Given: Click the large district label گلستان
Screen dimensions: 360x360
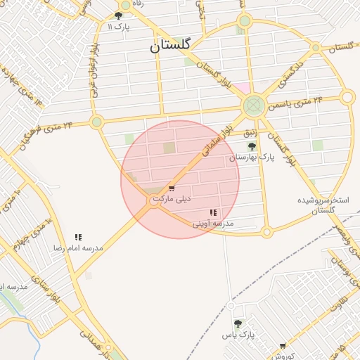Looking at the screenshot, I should (169, 46).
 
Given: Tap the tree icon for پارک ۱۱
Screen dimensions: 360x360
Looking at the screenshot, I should (118, 15).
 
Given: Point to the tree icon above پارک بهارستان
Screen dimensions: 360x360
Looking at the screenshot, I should (252, 146).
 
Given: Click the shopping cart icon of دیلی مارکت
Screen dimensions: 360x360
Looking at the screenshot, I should (172, 188).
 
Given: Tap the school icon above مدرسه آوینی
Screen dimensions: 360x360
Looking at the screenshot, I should (213, 212).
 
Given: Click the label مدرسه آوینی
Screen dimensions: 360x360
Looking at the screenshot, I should (213, 224).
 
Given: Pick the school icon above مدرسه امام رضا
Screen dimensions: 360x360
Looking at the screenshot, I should (78, 238).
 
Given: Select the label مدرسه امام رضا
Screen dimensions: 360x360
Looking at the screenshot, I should (78, 248).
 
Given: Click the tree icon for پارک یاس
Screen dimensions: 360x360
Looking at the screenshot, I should (238, 323).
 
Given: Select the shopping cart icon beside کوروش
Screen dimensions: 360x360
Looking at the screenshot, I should (283, 346).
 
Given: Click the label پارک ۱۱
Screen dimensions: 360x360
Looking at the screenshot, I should (120, 27).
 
